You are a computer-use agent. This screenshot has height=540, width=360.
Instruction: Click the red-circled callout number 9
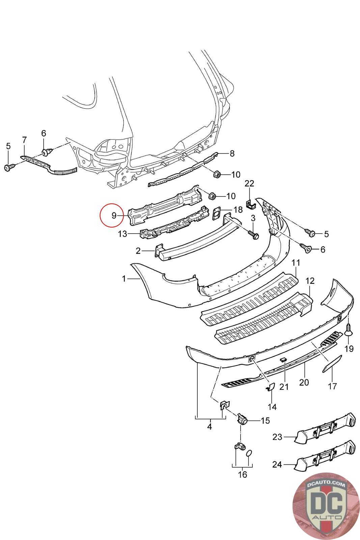point(114,215)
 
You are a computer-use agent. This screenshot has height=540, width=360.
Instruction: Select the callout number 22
point(249,183)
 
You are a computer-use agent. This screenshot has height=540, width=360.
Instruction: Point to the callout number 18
point(238,210)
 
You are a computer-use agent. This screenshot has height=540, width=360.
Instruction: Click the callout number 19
point(349,348)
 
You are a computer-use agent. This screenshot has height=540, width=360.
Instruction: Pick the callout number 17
point(332,385)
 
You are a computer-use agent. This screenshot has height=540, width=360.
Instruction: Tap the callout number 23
point(277,437)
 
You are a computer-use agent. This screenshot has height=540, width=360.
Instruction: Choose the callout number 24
point(277,465)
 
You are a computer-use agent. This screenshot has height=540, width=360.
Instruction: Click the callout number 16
point(242,475)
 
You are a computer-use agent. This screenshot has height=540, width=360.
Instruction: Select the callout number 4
point(210,426)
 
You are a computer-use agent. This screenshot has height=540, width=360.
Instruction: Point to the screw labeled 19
point(349,330)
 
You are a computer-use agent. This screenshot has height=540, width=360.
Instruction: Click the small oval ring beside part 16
point(249,453)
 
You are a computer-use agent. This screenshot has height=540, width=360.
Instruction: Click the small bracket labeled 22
point(251,204)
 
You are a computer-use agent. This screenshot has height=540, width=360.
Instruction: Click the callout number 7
point(24,139)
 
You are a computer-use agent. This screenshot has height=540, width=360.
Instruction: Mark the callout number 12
point(310,281)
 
